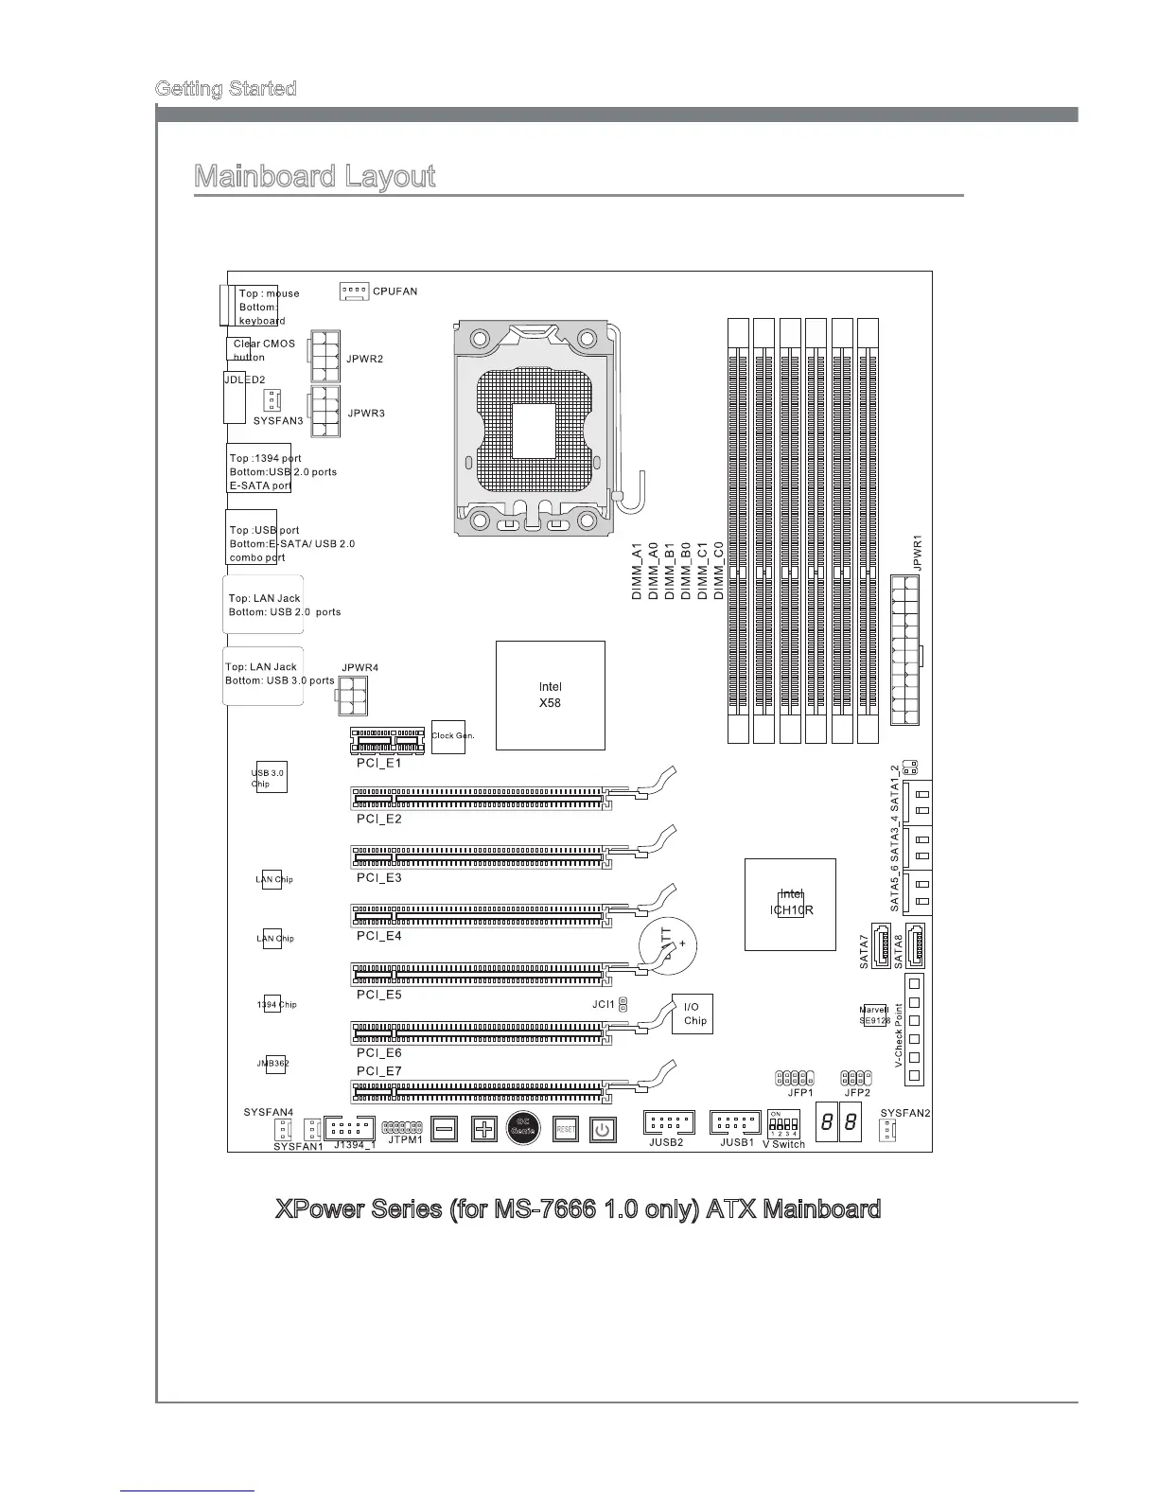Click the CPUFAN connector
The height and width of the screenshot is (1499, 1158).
pos(354,291)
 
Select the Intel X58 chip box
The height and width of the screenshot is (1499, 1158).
pos(551,696)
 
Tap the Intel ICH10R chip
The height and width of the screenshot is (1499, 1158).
pos(790,904)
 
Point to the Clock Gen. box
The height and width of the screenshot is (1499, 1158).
pos(448,735)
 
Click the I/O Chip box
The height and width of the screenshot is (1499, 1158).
pos(692,1014)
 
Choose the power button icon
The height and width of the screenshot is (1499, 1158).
pos(603,1128)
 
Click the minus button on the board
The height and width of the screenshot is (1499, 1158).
pos(447,1128)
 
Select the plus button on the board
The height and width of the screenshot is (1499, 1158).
pos(483,1128)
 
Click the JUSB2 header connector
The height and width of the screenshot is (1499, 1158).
pos(669,1122)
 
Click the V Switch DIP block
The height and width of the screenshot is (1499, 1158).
pos(782,1123)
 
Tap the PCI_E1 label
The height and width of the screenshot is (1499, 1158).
pos(378,763)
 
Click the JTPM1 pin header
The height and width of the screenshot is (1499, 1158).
pos(402,1127)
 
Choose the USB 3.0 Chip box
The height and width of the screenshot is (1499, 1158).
pos(271,778)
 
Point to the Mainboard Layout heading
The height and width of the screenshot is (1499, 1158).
pos(314,177)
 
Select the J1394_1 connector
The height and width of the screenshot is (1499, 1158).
pos(349,1128)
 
